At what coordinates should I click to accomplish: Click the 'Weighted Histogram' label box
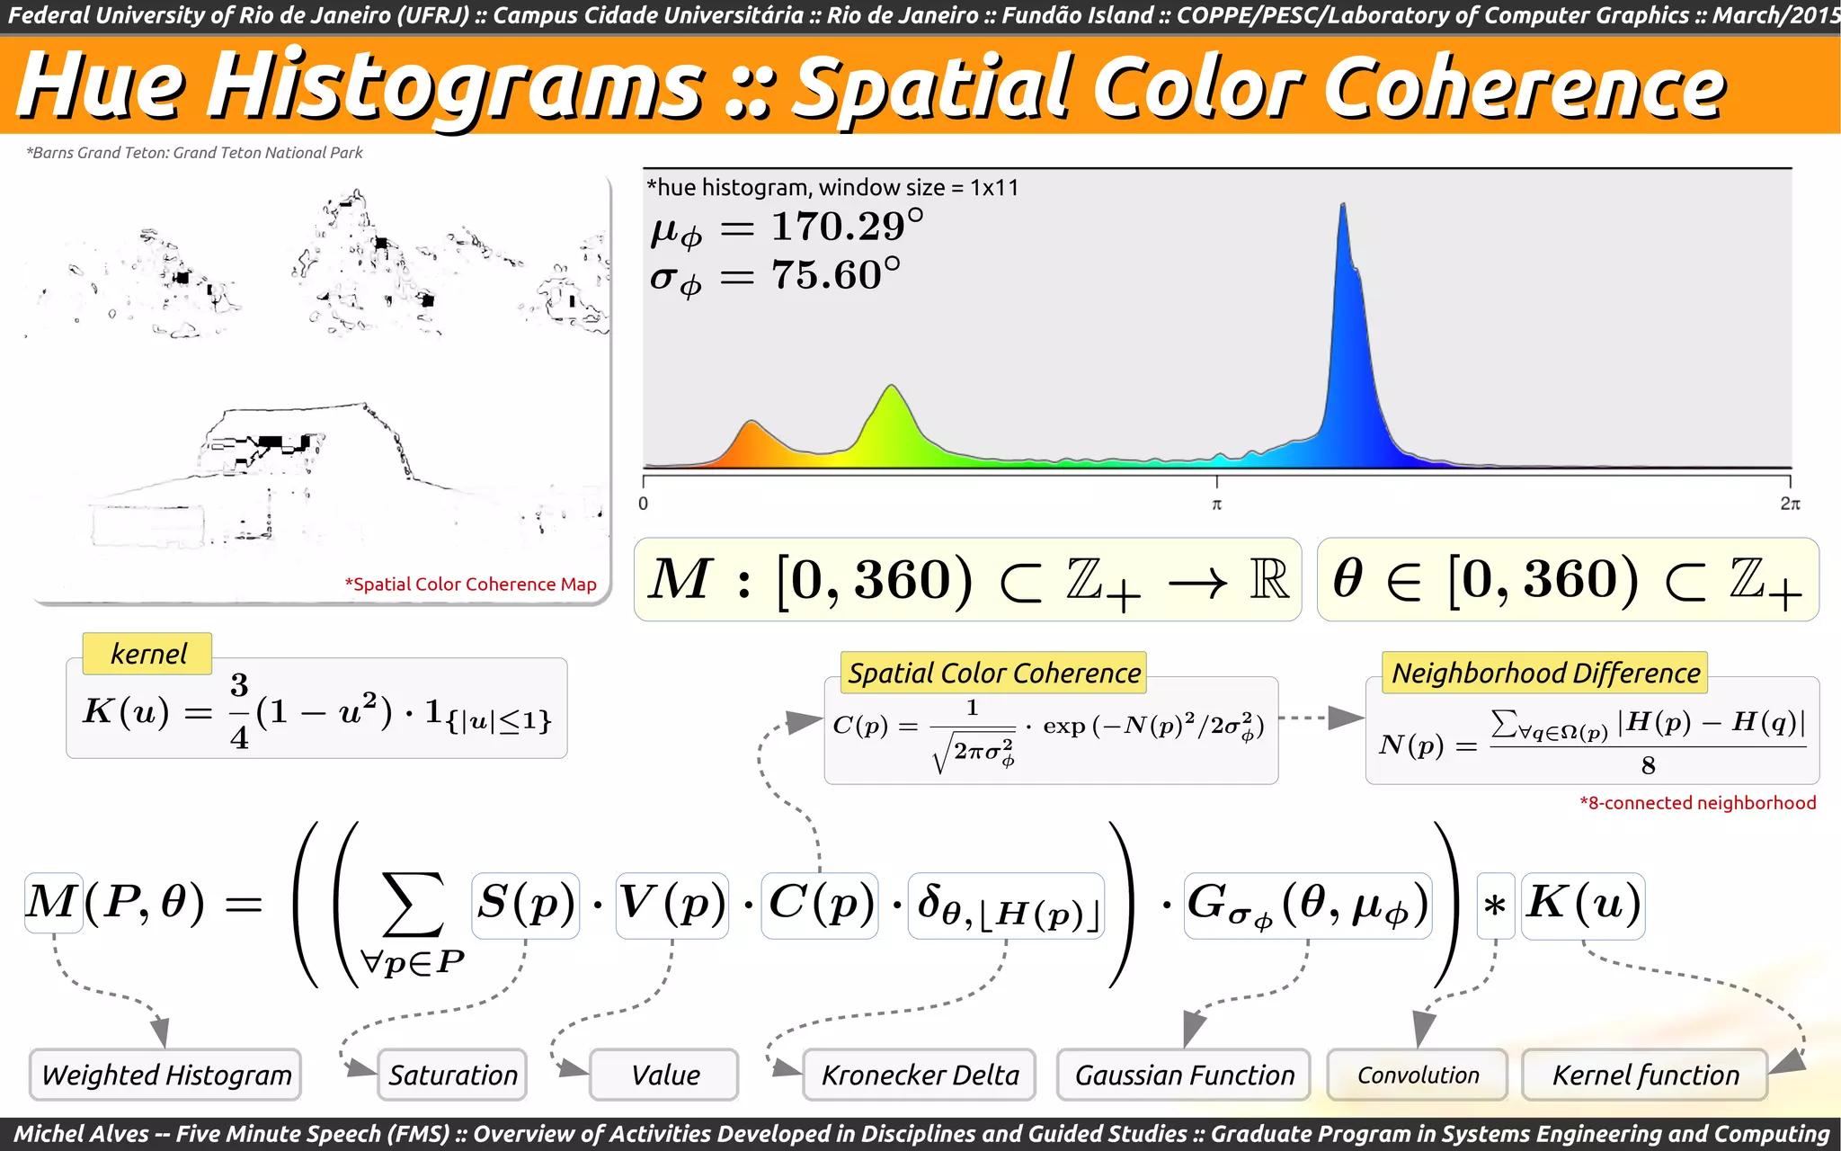point(165,1075)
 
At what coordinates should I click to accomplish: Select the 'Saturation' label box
point(452,1075)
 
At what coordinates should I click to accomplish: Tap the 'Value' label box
point(664,1075)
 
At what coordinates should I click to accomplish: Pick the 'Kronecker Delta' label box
point(920,1075)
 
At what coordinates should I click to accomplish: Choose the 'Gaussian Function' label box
point(1184,1075)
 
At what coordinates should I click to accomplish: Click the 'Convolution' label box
point(1418,1075)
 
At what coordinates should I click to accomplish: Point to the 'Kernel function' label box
point(1645,1075)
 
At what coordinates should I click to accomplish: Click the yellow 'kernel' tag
point(147,654)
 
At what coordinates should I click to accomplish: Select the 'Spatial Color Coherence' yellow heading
point(994,673)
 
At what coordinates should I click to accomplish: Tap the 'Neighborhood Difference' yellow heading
point(1545,673)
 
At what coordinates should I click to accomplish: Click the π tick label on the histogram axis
point(1216,504)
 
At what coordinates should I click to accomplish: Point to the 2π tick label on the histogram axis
point(1790,504)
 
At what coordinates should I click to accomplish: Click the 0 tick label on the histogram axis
point(644,504)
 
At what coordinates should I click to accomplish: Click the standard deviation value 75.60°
point(835,275)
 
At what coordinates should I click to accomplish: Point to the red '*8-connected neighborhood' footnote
point(1697,803)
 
